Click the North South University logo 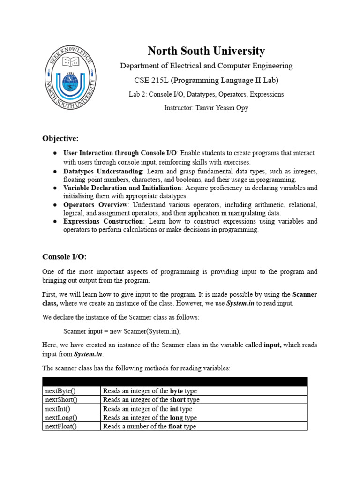71,77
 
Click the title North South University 206,51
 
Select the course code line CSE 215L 206,80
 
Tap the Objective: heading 60,138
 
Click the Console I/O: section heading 65,256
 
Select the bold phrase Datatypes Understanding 103,171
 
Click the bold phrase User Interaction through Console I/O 120,153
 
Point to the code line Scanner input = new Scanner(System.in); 122,331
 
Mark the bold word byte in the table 176,391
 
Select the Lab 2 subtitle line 206,94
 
